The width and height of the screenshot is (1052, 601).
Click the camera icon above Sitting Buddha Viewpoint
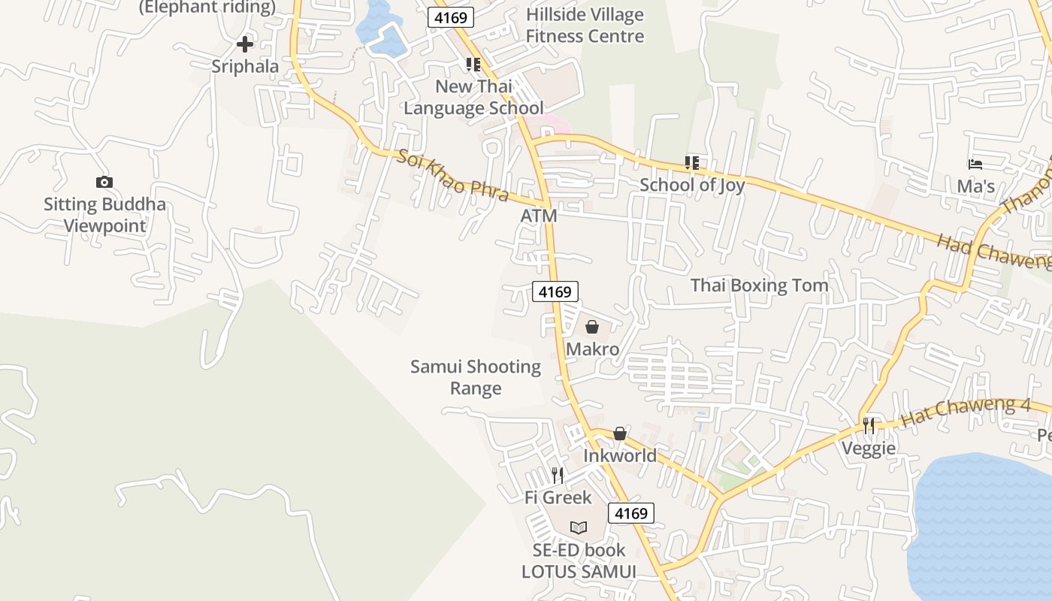(104, 182)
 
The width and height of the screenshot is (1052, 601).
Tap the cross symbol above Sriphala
(244, 44)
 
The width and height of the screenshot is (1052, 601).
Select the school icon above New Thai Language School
(473, 65)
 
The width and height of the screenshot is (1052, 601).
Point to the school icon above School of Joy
(691, 162)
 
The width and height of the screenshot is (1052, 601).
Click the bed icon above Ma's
(975, 164)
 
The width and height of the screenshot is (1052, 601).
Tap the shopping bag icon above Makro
(592, 327)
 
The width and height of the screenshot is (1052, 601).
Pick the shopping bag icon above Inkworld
(620, 433)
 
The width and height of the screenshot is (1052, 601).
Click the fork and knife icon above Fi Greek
(557, 475)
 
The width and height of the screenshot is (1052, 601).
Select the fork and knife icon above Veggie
(869, 426)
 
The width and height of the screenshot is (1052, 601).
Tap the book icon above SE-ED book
(578, 527)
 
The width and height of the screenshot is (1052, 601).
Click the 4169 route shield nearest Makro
(555, 291)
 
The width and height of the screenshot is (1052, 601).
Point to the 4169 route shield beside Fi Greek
(630, 513)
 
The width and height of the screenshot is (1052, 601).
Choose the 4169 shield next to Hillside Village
(451, 17)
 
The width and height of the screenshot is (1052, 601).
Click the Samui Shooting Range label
(476, 377)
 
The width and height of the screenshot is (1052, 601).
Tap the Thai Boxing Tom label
(759, 285)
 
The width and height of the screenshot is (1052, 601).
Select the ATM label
(539, 216)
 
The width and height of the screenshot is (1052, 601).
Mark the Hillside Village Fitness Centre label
(585, 26)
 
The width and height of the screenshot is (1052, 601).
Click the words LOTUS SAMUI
(579, 572)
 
